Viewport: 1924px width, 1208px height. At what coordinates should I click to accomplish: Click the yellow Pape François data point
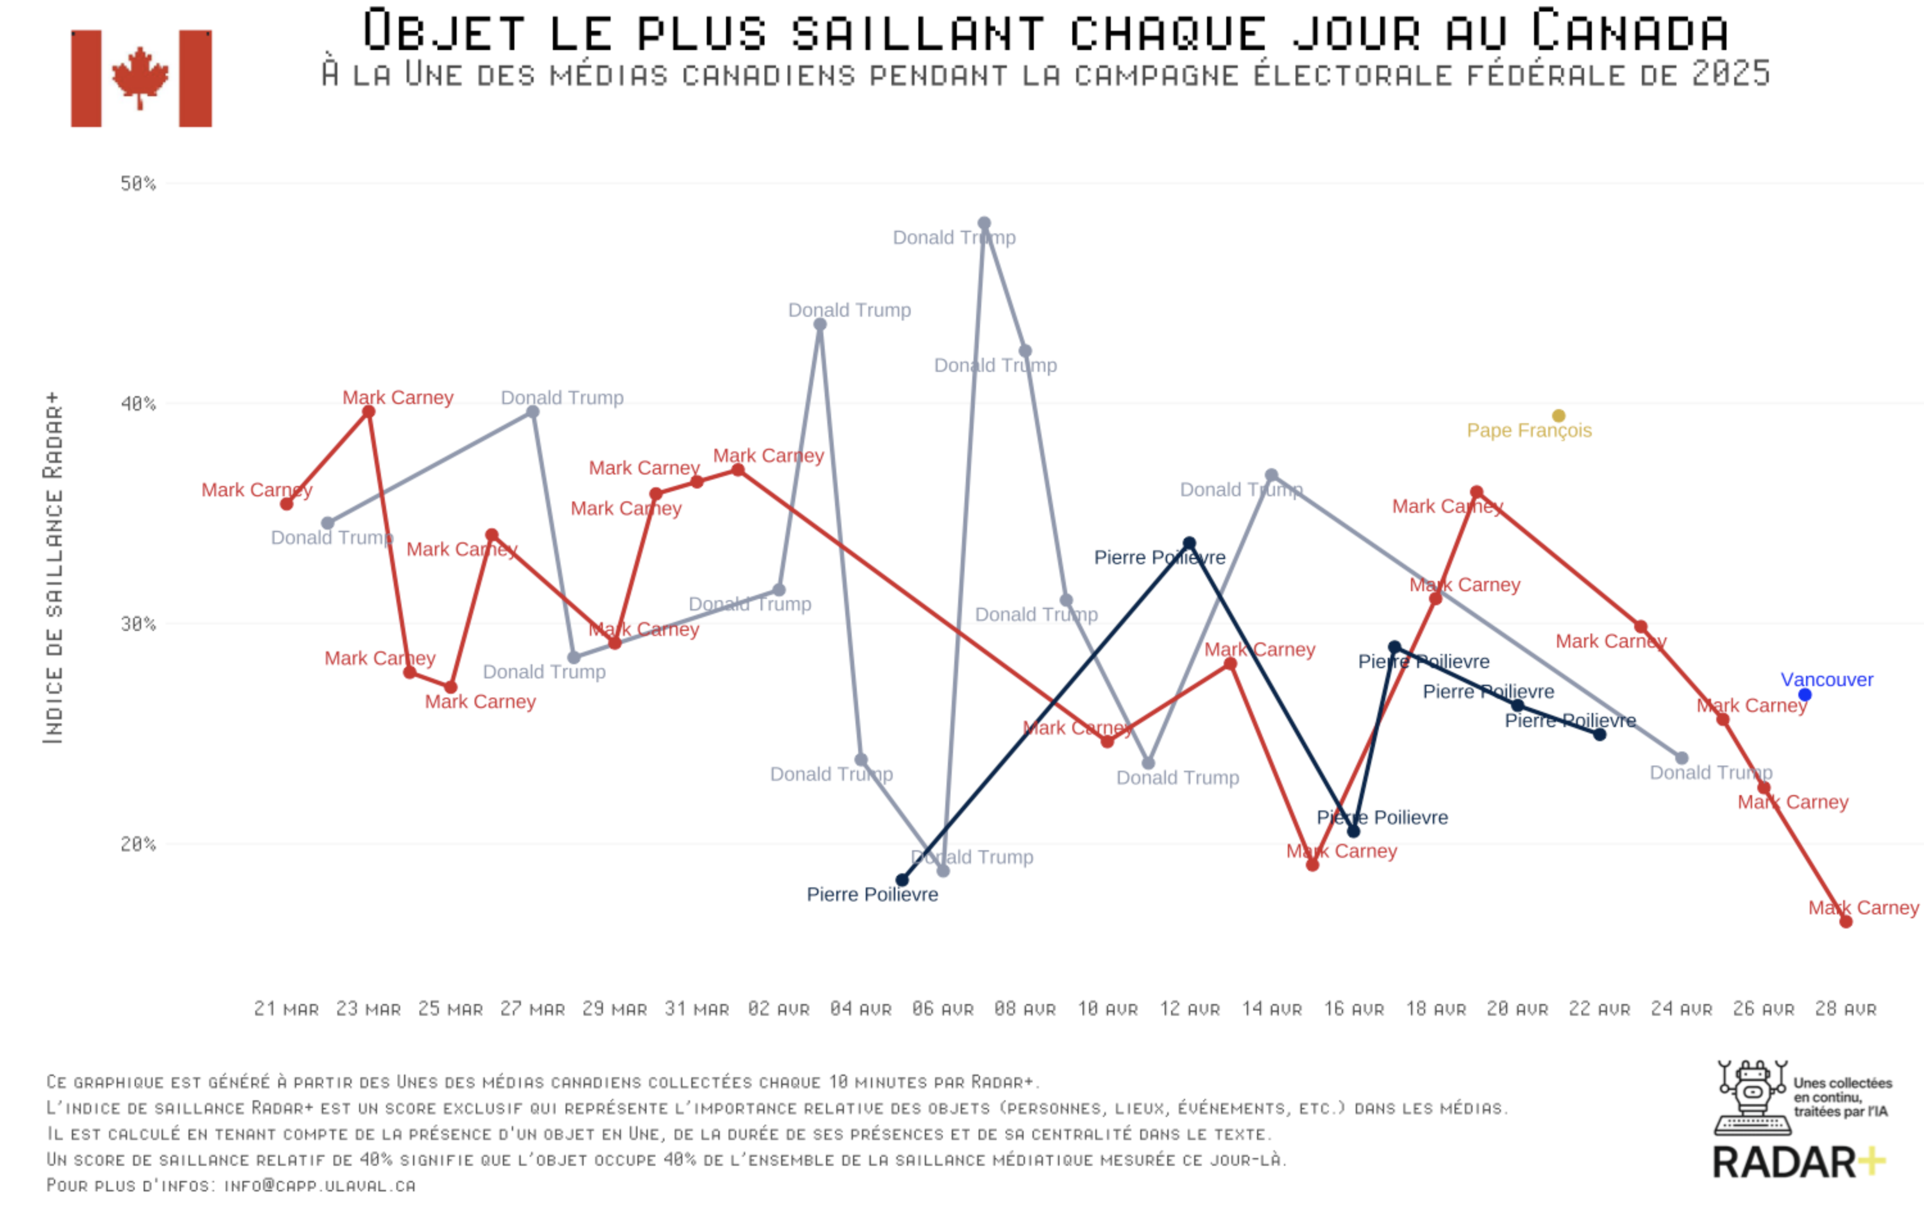coord(1558,415)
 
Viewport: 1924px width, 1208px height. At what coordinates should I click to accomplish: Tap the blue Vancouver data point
coord(1804,694)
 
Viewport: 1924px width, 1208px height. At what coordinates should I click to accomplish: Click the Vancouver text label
coord(1827,679)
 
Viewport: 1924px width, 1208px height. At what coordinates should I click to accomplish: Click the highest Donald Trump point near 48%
coord(984,224)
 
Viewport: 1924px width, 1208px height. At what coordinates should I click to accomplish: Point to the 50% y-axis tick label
coord(137,184)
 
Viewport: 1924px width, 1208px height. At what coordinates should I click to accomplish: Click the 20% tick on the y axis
coord(137,844)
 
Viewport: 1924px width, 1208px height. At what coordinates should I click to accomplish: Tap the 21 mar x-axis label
coord(286,1009)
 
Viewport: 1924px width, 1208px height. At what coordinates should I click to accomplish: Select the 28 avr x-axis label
coord(1845,1009)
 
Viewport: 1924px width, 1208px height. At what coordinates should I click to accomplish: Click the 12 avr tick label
coord(1190,1009)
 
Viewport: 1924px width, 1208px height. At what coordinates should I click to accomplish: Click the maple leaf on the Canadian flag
coord(140,78)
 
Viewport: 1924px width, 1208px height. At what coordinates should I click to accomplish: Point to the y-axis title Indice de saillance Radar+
coord(53,567)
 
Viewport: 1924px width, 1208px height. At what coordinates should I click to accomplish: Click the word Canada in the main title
coord(1630,32)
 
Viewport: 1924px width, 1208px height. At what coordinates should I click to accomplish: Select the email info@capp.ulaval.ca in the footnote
coord(319,1185)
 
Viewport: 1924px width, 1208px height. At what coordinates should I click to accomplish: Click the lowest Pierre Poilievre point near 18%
coord(902,880)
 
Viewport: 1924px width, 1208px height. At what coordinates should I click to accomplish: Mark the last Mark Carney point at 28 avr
coord(1846,921)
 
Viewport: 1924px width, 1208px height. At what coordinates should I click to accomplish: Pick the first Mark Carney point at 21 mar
coord(287,503)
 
